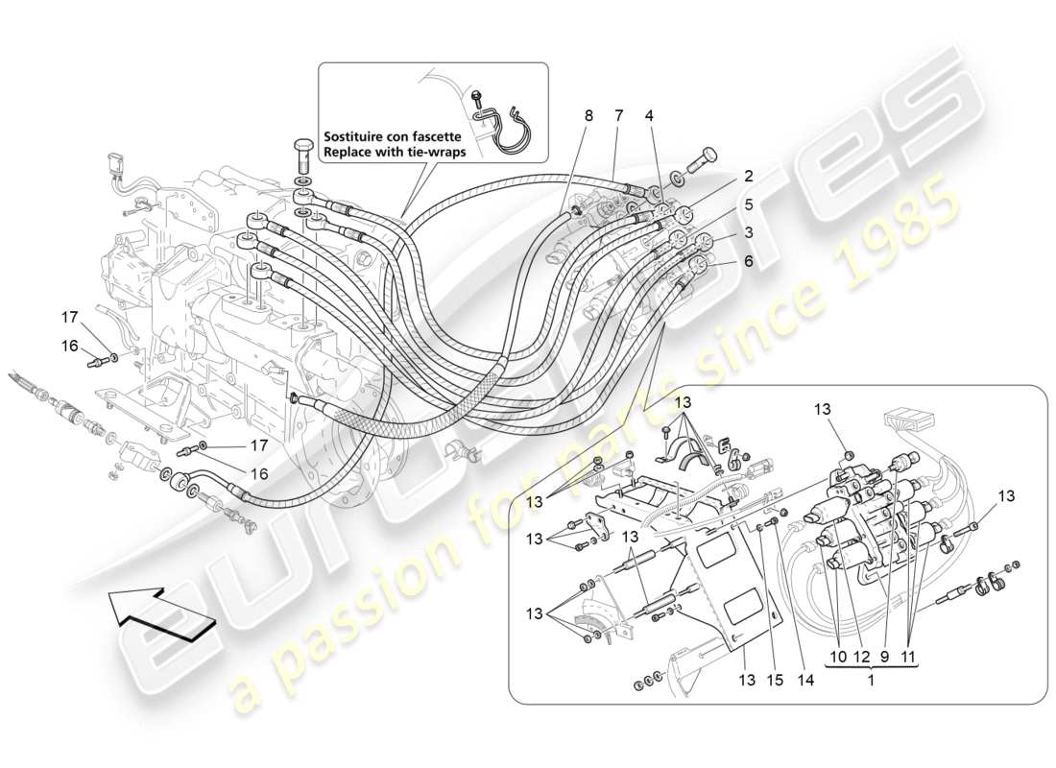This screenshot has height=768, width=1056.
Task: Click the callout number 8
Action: pos(588,115)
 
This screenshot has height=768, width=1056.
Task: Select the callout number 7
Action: pos(619,115)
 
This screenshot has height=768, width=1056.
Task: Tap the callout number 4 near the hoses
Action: pos(649,115)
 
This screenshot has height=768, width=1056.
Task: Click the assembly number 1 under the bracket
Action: pos(870,680)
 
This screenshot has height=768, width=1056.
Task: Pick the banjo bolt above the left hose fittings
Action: pos(301,155)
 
